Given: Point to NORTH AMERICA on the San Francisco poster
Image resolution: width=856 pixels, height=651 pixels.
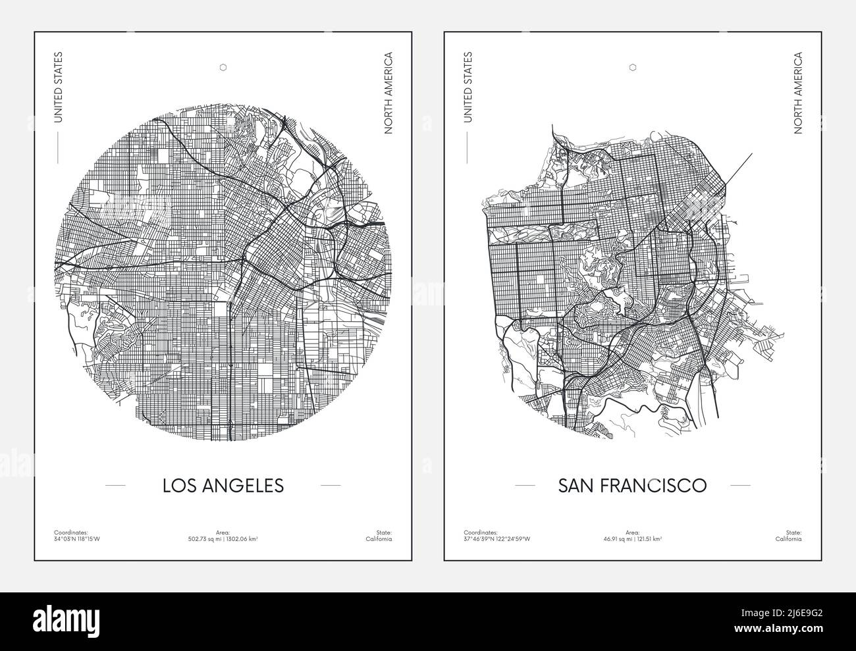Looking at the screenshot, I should coord(798,93).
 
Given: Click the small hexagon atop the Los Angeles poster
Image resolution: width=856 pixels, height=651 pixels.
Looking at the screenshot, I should coord(223,66).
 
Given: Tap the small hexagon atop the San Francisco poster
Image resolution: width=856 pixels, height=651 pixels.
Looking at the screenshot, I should coord(633,66).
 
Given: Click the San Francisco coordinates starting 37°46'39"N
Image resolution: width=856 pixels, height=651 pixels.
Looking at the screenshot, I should coord(497,538).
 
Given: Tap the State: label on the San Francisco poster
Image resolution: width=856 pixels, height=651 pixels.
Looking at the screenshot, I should coord(793,532).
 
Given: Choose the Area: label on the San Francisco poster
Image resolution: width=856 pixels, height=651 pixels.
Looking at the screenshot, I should coord(633,532).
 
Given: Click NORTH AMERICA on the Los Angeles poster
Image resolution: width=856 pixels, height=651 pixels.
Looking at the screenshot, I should coord(388,93).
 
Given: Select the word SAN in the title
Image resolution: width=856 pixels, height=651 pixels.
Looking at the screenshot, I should coord(575,485).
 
